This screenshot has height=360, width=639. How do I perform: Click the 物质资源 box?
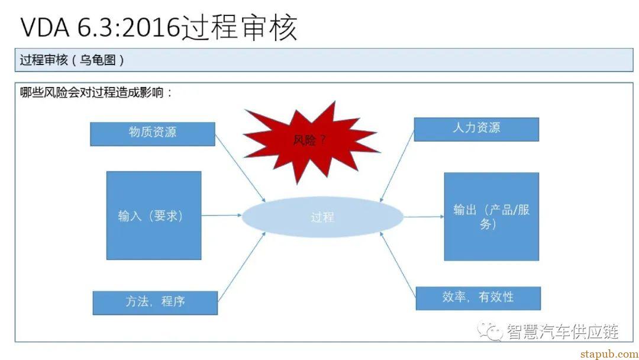[x=153, y=134]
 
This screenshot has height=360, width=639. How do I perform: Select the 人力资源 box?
[x=476, y=129]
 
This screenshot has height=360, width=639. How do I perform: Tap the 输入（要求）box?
[x=154, y=216]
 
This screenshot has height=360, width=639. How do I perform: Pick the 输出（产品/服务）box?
[x=492, y=217]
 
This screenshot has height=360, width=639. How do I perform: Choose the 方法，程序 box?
[x=155, y=303]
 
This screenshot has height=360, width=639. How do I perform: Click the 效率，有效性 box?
[x=478, y=298]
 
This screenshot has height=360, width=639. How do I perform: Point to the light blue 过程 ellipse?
[x=322, y=217]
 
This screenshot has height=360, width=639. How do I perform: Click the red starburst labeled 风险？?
[x=311, y=141]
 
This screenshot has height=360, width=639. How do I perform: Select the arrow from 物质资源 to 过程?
[x=240, y=168]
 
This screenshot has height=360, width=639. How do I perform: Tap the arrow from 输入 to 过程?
[x=222, y=216]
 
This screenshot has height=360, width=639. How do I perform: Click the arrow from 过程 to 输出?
[x=424, y=217]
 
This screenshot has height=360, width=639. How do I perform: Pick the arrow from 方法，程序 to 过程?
[x=241, y=266]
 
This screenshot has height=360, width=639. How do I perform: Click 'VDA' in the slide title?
[x=45, y=28]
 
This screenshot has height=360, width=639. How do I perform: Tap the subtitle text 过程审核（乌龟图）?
[x=72, y=60]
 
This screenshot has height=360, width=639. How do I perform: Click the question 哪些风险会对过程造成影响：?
[x=96, y=92]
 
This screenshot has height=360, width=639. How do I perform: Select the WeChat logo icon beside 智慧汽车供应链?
[x=490, y=332]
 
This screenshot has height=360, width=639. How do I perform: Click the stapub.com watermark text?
[x=609, y=353]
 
